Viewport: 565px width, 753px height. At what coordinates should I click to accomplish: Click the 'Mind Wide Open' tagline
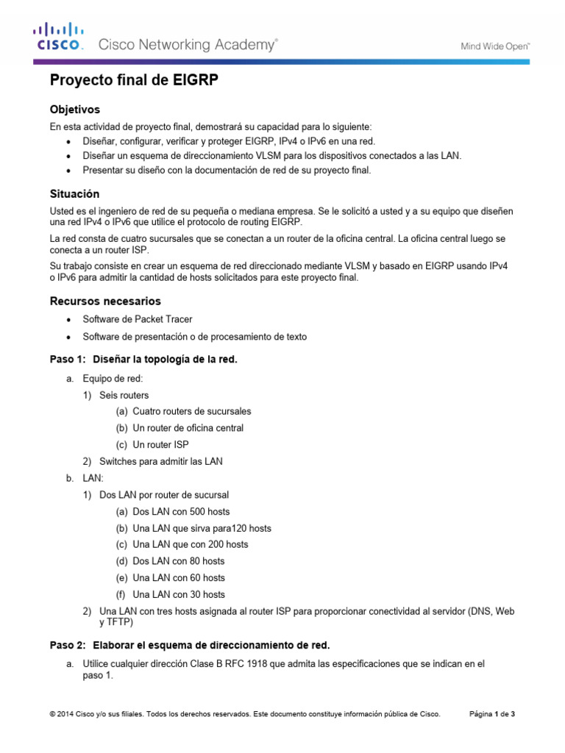[x=495, y=46]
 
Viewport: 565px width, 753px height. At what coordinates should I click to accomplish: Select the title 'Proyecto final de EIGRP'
[x=134, y=81]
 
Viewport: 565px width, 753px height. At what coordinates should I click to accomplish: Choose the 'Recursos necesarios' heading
[x=104, y=301]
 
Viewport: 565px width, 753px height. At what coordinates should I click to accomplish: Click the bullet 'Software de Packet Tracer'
[x=138, y=319]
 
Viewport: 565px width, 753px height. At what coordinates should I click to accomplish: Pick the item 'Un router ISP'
[x=160, y=445]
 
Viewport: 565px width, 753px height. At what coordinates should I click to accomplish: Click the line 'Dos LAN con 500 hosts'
[x=181, y=511]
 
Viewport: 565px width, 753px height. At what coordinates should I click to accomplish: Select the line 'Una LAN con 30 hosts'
[x=179, y=594]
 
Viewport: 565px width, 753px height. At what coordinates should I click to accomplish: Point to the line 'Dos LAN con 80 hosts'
[x=179, y=561]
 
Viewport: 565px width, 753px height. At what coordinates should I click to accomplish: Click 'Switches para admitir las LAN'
[x=160, y=461]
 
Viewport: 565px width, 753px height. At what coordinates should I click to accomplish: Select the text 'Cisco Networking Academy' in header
[x=188, y=46]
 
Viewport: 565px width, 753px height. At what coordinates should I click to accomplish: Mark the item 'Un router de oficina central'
[x=188, y=428]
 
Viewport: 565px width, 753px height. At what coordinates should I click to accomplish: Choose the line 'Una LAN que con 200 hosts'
[x=190, y=544]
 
